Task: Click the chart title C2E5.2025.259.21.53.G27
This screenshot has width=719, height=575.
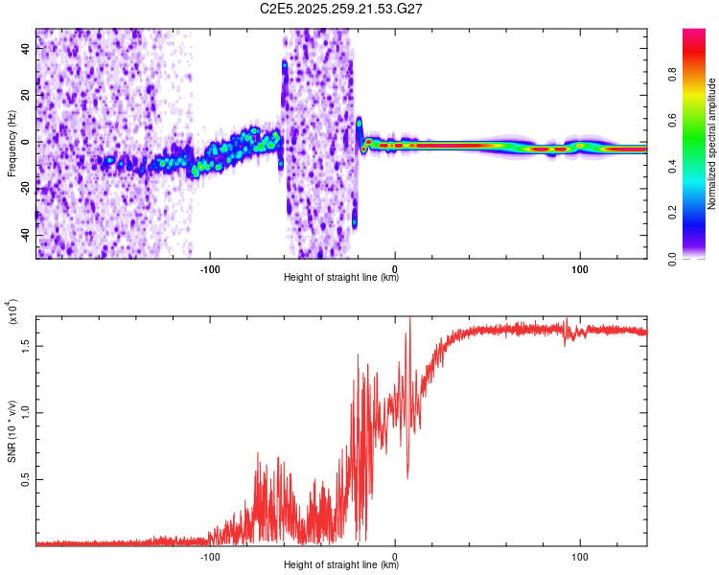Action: [x=342, y=9]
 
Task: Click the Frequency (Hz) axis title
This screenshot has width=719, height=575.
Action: [x=12, y=144]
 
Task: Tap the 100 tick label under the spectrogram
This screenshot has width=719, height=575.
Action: [x=580, y=267]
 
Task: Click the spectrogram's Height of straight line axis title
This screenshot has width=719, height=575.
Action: [x=341, y=278]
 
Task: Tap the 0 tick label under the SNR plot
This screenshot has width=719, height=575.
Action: [x=396, y=555]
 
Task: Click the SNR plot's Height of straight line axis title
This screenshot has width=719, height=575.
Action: [x=341, y=565]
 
